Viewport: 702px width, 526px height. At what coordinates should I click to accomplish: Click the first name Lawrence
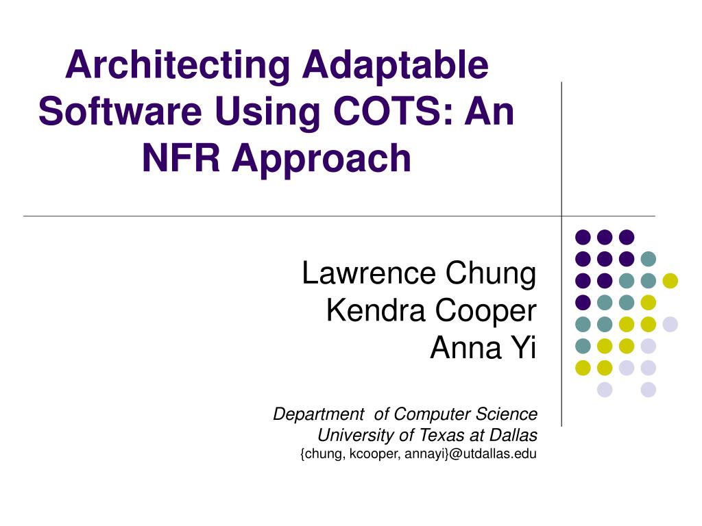coord(370,273)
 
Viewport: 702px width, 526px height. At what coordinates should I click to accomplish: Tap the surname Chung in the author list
coord(491,273)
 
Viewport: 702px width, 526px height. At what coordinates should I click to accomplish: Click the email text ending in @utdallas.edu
coord(419,453)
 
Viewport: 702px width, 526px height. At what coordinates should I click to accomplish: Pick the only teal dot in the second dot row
coord(648,259)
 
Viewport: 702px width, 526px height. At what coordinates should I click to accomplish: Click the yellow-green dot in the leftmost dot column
coord(583,368)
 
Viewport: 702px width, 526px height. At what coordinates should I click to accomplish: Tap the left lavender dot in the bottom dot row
coord(604,390)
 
